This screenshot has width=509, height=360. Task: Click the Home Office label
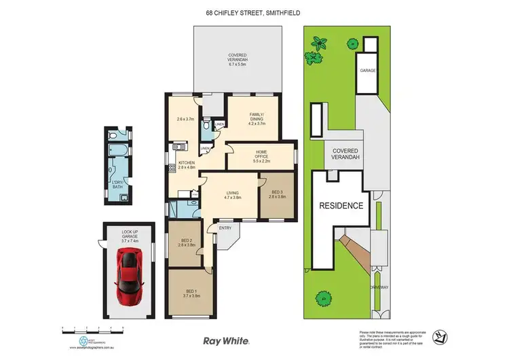261,157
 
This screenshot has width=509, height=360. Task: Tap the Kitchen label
187,165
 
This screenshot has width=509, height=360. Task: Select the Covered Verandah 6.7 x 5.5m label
238,60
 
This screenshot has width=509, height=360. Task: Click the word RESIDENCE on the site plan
343,205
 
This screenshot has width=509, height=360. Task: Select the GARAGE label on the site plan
368,71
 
